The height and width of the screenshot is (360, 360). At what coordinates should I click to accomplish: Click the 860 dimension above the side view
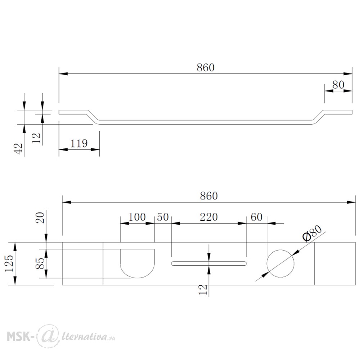pos(206,68)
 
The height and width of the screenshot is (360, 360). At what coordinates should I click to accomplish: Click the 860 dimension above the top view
pos(209,196)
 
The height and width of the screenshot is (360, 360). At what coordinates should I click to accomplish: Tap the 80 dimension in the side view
pos(338,85)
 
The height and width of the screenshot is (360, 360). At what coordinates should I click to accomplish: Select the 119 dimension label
pos(79,144)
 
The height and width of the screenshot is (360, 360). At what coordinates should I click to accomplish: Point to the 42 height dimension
pos(19,148)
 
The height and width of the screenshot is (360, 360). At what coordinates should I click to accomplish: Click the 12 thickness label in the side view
pos(36,138)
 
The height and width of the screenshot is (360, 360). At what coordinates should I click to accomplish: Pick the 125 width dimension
pos(9,263)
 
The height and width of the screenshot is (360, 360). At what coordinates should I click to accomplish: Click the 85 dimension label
pos(40,264)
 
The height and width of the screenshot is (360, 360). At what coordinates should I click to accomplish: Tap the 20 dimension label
pos(40,218)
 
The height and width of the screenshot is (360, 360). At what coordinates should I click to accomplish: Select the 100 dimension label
pos(137,217)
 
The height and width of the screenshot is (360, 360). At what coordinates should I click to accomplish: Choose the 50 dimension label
pos(163,217)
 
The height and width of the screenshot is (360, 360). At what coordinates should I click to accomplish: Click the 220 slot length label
pos(209,217)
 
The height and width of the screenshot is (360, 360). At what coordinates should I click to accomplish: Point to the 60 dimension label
pos(256,217)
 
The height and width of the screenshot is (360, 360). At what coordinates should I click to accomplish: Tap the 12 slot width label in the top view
pos(203,289)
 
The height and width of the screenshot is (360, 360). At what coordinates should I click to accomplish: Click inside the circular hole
pos(280,264)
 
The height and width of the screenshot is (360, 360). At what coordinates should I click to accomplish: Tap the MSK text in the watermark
pos(18,337)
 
